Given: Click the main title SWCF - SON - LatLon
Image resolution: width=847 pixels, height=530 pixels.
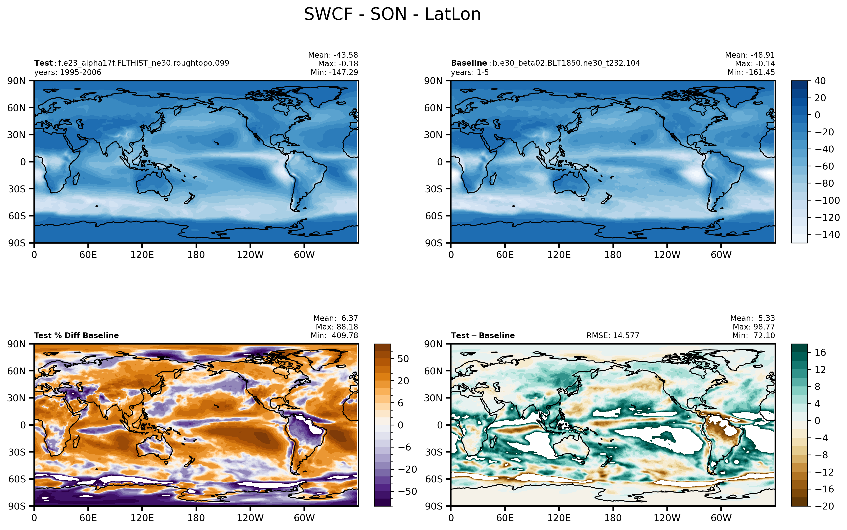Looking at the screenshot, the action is point(392,14).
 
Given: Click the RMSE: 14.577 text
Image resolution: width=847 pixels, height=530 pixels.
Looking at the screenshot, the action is point(613,335).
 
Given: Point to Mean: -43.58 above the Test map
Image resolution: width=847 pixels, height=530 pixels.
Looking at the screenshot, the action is point(333,55).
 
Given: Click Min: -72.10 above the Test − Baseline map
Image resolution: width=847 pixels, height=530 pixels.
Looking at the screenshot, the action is point(753,335).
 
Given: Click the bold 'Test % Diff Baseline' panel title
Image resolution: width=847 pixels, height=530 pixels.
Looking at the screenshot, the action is point(76,335).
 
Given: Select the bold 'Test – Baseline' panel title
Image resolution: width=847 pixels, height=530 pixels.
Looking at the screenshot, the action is point(483,335).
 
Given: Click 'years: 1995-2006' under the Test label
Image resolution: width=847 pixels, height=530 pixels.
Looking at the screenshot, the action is point(68,72).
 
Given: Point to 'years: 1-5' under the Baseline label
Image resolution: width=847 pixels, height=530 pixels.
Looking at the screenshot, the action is point(470,72).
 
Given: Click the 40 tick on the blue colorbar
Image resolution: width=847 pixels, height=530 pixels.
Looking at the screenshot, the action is point(820,81).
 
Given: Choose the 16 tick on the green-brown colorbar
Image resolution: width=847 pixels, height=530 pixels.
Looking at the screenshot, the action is point(820,352).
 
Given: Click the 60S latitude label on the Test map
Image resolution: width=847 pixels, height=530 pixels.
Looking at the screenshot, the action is point(17,216).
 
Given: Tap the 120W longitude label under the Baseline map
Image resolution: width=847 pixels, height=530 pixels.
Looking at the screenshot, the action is point(667,255).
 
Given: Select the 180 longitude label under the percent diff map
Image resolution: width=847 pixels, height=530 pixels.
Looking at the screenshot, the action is point(196,518).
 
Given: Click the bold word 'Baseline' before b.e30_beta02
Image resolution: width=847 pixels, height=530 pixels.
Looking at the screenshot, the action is point(469,63).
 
